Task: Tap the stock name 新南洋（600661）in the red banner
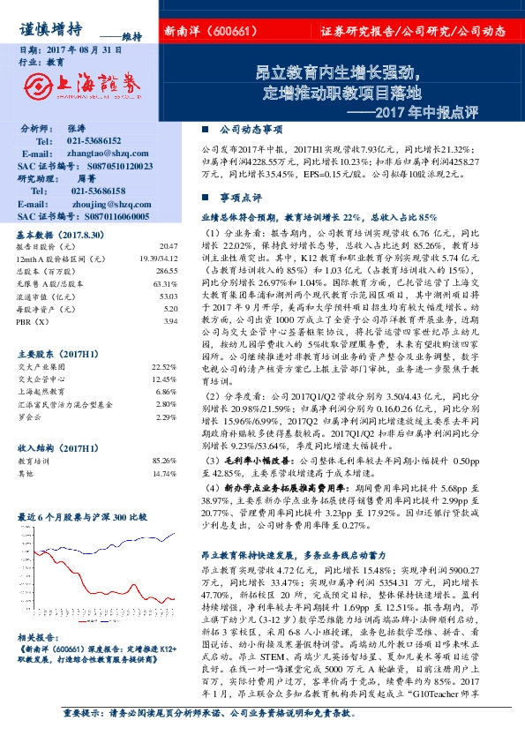point(211,33)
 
